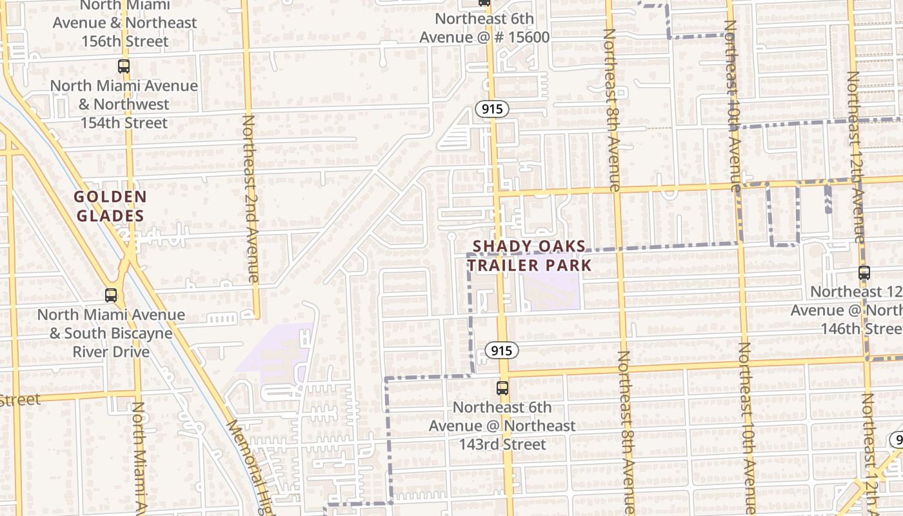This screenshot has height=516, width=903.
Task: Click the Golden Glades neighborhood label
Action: point(110,206)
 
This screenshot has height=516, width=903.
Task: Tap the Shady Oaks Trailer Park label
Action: point(529,255)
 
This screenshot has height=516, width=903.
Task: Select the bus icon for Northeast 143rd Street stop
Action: point(502,388)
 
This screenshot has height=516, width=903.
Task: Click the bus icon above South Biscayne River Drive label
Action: point(111,295)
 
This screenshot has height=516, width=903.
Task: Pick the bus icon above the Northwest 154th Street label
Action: point(123,66)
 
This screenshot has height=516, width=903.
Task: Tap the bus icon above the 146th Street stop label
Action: point(864,273)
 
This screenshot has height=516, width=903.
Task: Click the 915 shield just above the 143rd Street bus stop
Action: point(501,350)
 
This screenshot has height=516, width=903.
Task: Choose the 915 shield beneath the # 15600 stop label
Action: point(492,109)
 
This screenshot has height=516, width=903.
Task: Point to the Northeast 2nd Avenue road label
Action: point(251,199)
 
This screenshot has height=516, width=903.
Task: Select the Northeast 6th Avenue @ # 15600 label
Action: point(484,28)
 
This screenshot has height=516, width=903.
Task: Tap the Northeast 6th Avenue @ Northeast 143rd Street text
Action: point(502,426)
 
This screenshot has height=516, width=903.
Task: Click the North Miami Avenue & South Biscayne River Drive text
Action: point(111,333)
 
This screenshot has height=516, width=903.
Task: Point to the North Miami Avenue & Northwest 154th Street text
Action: point(124,104)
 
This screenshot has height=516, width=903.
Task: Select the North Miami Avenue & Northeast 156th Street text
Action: point(124,23)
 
